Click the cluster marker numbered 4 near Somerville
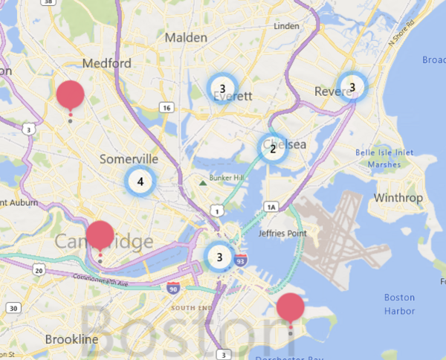tap(140, 181)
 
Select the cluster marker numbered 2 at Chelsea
tap(273, 148)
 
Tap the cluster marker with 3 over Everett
tap(222, 88)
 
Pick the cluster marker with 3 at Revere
tap(352, 86)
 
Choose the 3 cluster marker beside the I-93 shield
tap(219, 257)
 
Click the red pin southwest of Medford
tap(70, 95)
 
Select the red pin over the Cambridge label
tap(100, 236)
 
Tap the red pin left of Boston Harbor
tap(290, 308)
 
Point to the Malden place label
tap(187, 37)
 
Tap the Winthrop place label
tap(398, 199)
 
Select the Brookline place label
tap(71, 339)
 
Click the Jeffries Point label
tap(282, 234)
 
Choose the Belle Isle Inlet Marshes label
tap(384, 158)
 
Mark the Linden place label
tap(286, 26)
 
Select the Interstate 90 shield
tap(173, 288)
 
